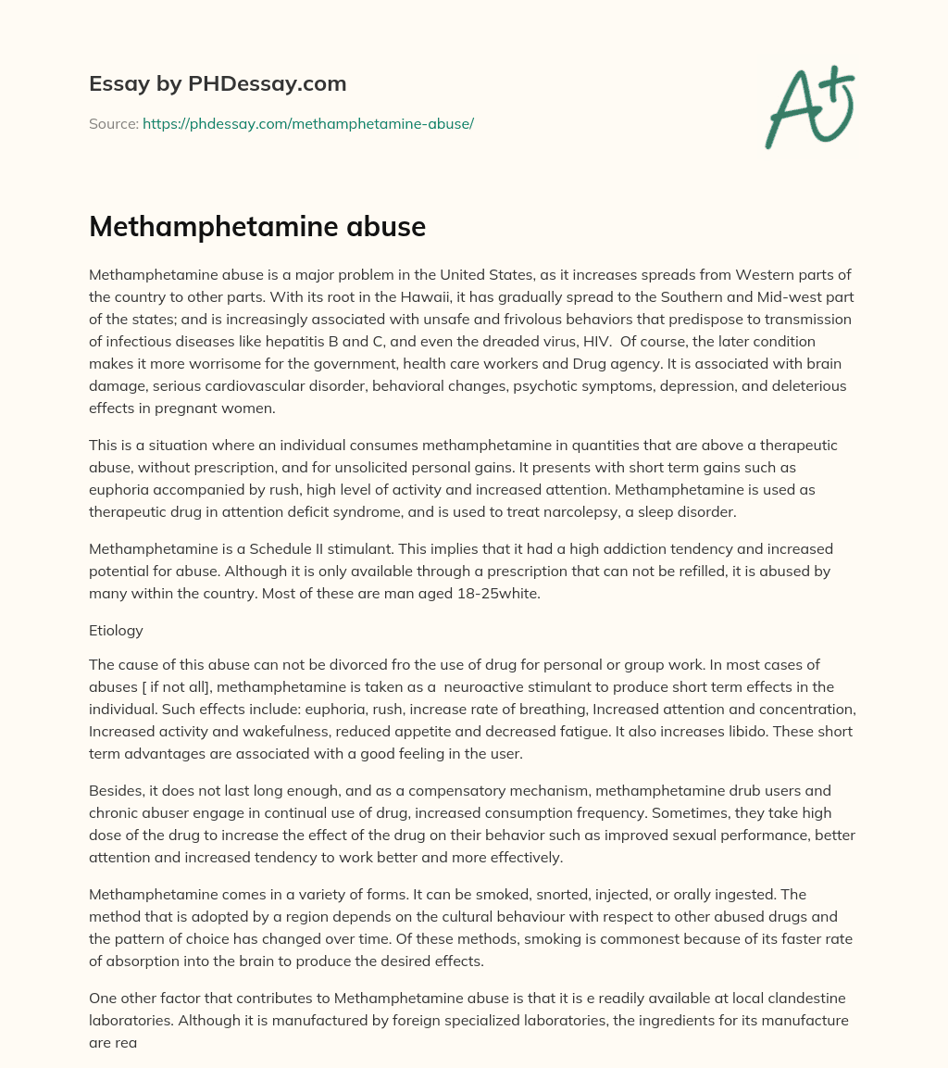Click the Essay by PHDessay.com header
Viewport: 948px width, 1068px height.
click(218, 83)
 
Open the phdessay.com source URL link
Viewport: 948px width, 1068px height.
click(308, 123)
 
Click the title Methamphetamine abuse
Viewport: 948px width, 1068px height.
click(257, 227)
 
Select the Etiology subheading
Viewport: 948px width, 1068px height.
click(116, 630)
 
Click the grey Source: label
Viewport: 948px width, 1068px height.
click(114, 123)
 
